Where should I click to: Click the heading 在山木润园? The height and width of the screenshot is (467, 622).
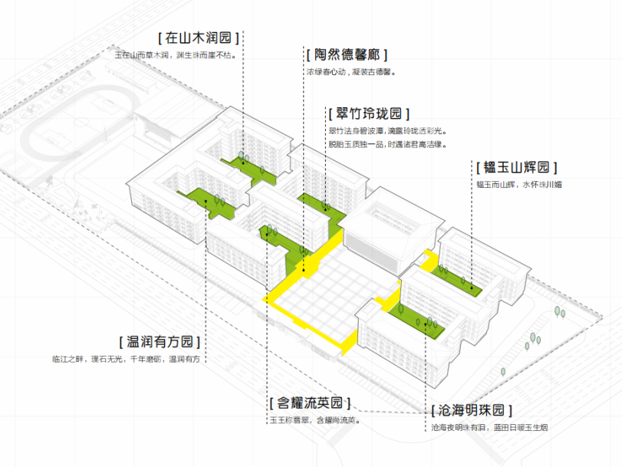199,37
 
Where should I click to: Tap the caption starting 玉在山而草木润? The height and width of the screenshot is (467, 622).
176,54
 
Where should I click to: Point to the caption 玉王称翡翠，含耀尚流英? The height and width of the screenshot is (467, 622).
314,420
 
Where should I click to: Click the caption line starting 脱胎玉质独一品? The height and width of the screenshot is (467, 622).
387,143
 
